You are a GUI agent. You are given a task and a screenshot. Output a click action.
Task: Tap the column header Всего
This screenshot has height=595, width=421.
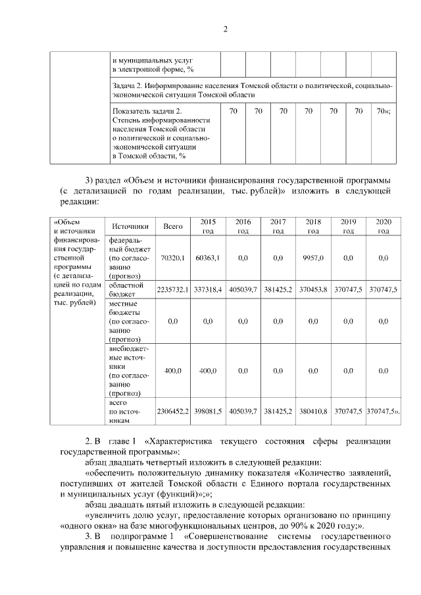[x=173, y=226]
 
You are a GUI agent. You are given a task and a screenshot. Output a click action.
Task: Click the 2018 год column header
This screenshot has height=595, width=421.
[x=313, y=226]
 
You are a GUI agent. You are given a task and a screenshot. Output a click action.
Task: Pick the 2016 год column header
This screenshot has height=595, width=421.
[x=243, y=226]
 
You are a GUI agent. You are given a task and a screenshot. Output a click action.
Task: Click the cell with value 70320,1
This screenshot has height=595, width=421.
[x=173, y=258]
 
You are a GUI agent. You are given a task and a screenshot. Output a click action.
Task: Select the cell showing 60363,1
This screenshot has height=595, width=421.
[x=208, y=258]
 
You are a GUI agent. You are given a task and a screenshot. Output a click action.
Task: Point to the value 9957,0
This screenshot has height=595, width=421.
[x=313, y=258]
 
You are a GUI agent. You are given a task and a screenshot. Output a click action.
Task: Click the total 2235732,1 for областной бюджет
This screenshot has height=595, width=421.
[x=173, y=289]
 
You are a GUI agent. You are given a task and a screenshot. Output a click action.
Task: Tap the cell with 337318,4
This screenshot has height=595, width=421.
[x=208, y=289]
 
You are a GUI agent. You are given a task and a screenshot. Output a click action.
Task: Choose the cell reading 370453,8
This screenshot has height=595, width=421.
[x=313, y=289]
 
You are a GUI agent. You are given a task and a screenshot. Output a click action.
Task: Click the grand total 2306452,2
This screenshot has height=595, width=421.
[x=173, y=411]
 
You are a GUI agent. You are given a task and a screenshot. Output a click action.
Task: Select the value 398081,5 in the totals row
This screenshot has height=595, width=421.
[x=208, y=411]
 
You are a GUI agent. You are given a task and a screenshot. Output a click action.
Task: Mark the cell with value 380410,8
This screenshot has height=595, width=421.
[x=313, y=411]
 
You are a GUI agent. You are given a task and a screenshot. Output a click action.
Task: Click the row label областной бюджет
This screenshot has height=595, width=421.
[x=126, y=289]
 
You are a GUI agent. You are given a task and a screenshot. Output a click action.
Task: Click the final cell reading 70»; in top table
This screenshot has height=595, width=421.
[x=384, y=112]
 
